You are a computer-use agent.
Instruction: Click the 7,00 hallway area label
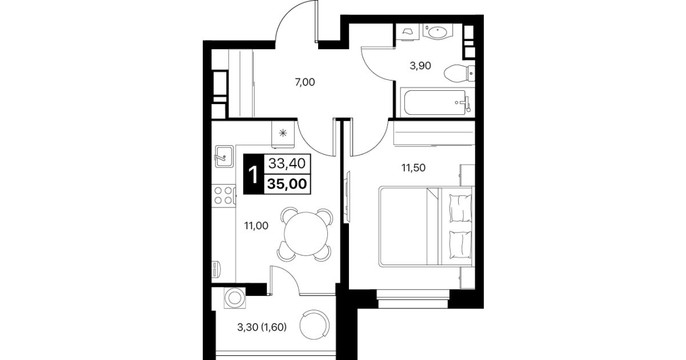click(x=304, y=82)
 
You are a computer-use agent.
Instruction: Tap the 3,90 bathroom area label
click(x=420, y=66)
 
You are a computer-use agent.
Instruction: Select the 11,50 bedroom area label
click(x=414, y=168)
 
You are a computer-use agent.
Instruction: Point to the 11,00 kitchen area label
click(x=256, y=226)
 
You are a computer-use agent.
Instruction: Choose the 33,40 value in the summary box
click(x=287, y=163)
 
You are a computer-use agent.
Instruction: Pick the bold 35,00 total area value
click(x=287, y=184)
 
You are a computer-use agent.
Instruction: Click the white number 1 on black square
click(x=254, y=174)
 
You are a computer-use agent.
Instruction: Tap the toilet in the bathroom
click(x=459, y=74)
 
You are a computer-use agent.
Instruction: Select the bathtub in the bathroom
click(x=438, y=102)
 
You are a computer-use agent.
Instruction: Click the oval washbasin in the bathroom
click(x=438, y=32)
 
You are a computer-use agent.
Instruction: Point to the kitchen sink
click(x=224, y=156)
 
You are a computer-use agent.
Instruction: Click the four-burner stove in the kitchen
click(x=223, y=195)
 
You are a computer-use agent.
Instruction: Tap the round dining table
click(x=306, y=234)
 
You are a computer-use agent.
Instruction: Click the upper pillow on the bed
click(x=460, y=208)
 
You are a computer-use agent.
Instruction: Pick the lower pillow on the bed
click(x=460, y=245)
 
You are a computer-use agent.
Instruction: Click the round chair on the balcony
click(x=314, y=325)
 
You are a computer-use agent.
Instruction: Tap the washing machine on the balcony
click(x=235, y=298)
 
